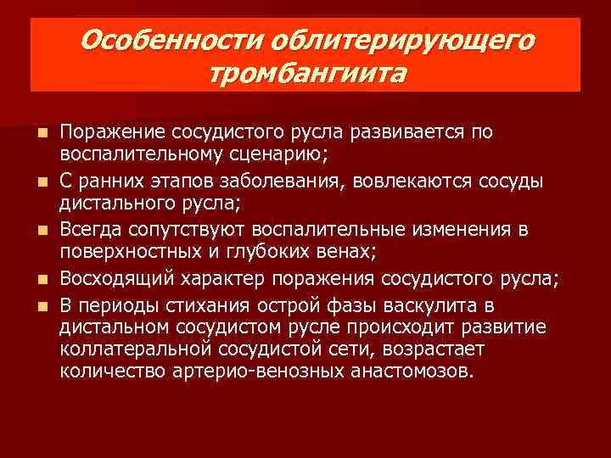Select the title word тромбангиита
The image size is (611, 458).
(306, 74)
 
